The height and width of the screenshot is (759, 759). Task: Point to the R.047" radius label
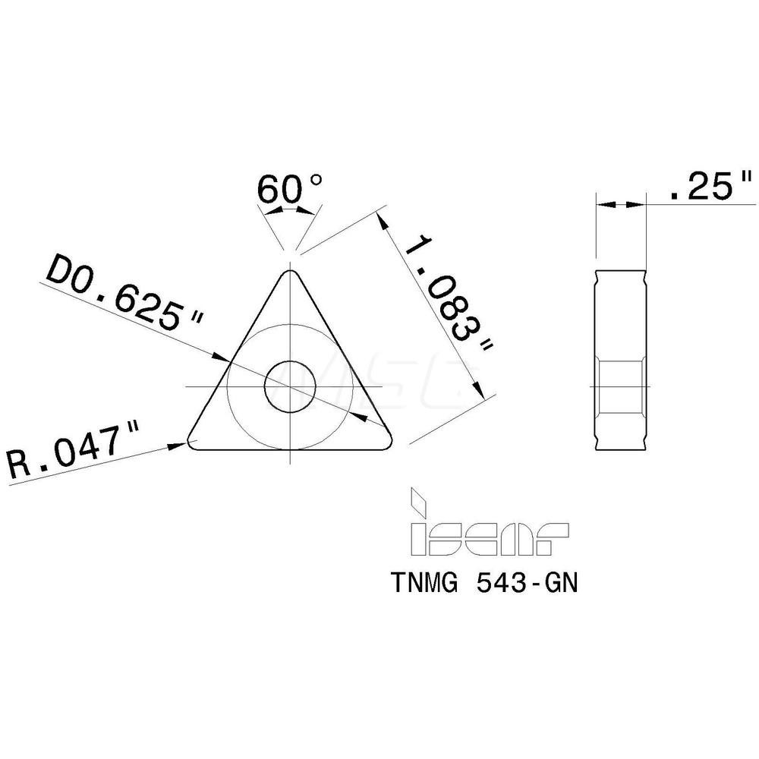(x=71, y=452)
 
